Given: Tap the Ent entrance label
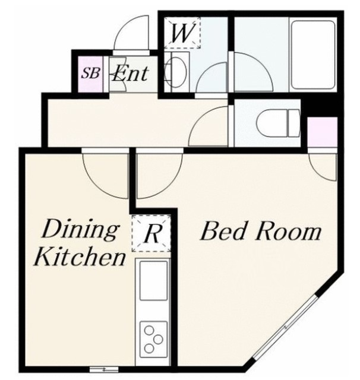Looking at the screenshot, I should tap(130, 74).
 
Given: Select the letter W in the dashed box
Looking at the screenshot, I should tap(182, 33).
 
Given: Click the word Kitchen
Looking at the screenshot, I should tap(79, 258).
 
